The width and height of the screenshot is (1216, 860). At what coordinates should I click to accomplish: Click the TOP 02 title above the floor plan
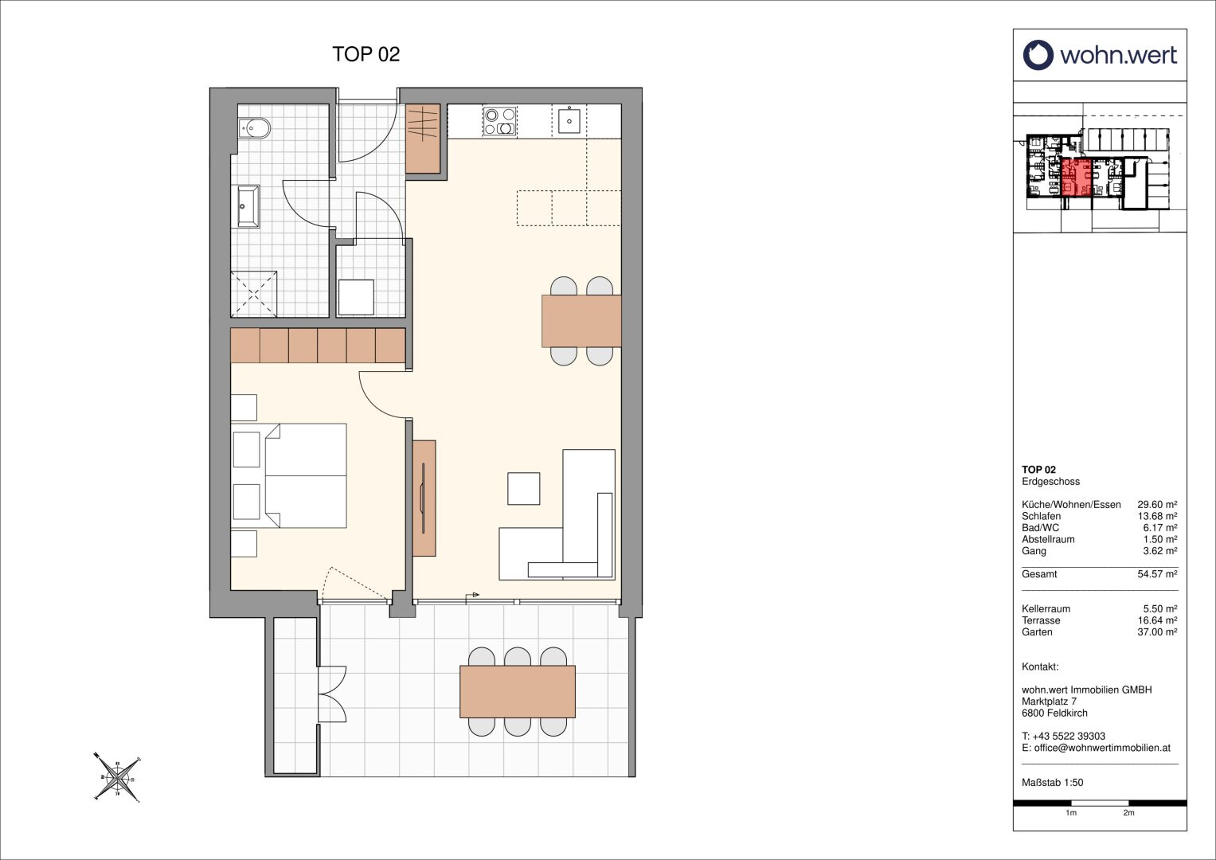(366, 54)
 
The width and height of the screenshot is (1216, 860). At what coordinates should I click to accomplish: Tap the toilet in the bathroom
(254, 128)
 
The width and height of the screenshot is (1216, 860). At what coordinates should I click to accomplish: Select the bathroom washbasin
(248, 206)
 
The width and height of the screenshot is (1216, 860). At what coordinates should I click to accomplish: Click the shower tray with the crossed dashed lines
(254, 294)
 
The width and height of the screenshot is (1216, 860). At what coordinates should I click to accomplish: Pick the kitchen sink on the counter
(569, 121)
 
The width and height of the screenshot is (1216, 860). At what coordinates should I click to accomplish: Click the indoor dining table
(581, 321)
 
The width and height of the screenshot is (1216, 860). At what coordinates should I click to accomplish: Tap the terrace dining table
(518, 692)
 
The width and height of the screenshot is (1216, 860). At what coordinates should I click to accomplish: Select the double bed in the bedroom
(306, 475)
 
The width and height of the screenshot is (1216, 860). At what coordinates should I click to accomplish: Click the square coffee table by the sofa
(524, 489)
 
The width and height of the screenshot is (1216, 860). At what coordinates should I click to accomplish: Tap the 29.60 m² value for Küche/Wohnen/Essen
(1157, 504)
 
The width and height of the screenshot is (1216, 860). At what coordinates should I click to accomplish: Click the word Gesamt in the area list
(1039, 574)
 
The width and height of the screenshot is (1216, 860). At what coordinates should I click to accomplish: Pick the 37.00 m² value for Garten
(1157, 632)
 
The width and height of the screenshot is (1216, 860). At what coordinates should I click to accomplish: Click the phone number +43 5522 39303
(1069, 737)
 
